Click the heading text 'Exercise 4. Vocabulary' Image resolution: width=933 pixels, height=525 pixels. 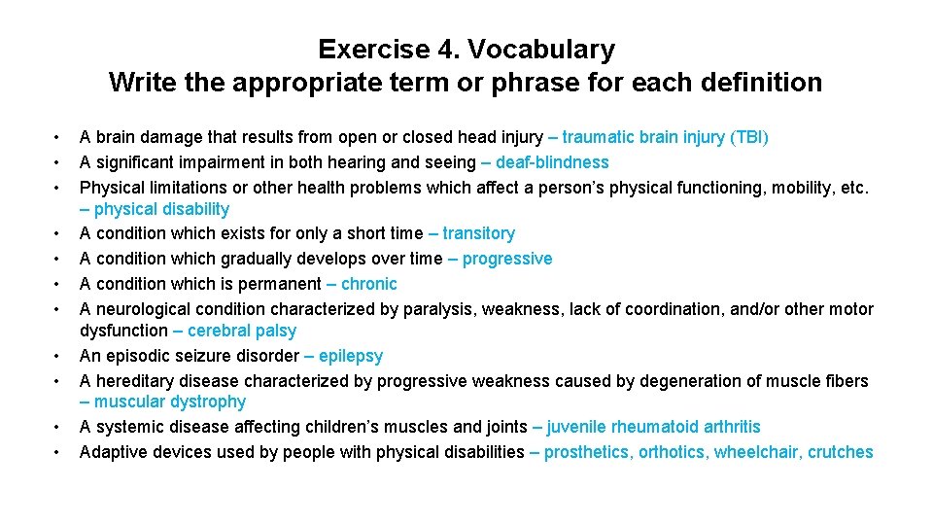pos(466,50)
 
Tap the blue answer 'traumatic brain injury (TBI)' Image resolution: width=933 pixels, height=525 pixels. pos(665,138)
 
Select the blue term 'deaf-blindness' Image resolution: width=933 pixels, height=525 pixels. pos(552,162)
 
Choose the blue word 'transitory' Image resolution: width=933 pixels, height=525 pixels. pos(478,233)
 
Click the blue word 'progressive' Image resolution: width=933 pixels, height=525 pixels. pos(507,259)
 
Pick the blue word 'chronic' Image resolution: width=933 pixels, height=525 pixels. pos(368,284)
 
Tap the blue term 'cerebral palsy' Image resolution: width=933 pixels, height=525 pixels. pos(242,331)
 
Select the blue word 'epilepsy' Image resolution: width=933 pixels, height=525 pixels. pos(350,356)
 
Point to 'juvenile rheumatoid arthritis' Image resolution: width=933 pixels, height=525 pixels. pos(653,427)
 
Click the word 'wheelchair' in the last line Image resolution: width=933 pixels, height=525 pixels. pos(755,452)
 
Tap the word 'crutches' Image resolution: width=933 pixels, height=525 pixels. pos(840,452)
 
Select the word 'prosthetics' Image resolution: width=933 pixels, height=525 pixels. pos(586,452)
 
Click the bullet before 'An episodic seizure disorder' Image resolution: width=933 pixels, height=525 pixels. pos(58,356)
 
